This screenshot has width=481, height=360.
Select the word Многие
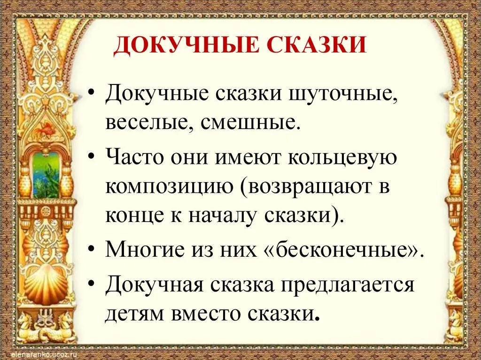(145, 250)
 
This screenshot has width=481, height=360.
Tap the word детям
(134, 314)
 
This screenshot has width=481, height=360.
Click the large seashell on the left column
(47, 283)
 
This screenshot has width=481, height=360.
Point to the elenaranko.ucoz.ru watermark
(45, 354)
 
